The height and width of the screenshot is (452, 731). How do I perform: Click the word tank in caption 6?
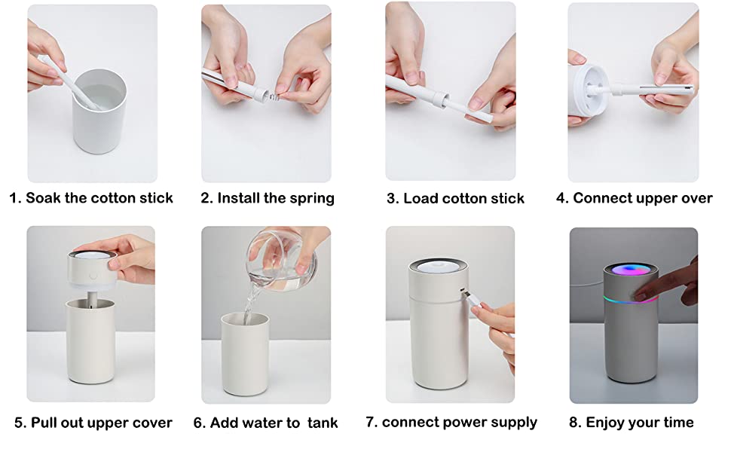[x=323, y=423]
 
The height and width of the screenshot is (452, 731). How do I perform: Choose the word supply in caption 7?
[x=512, y=422]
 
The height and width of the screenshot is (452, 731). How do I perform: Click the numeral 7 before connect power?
[x=371, y=422]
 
